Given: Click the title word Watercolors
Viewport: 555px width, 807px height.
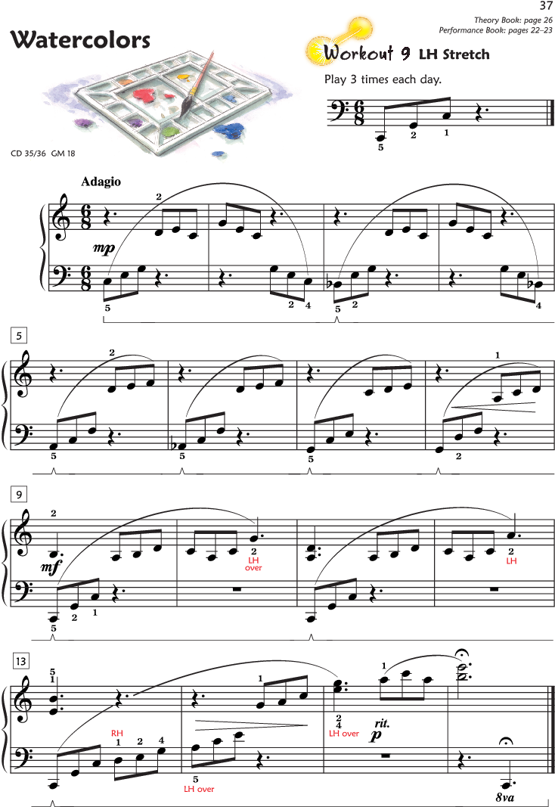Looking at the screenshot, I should click(x=80, y=40).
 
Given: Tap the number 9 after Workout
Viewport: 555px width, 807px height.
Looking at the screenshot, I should click(x=406, y=54).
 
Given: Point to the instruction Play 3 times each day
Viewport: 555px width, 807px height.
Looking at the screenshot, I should click(x=383, y=79).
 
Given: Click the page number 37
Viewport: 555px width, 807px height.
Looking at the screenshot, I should click(x=547, y=7).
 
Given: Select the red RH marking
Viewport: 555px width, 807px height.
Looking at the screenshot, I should click(x=117, y=734).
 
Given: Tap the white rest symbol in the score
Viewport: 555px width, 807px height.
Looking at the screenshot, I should click(x=125, y=702).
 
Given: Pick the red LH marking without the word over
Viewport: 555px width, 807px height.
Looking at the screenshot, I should click(x=512, y=560).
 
